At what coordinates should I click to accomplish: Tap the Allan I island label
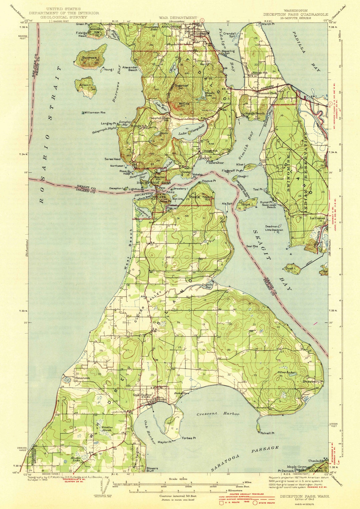pyautogui.click(x=85, y=85)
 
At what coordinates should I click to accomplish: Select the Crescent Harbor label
pyautogui.click(x=218, y=414)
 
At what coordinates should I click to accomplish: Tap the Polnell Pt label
pyautogui.click(x=267, y=433)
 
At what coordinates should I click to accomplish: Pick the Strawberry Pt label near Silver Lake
pyautogui.click(x=313, y=381)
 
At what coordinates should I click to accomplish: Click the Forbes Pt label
pyautogui.click(x=189, y=438)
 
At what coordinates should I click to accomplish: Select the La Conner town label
pyautogui.click(x=317, y=218)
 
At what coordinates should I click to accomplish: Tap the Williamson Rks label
pyautogui.click(x=95, y=113)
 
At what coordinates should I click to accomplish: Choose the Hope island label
pyautogui.click(x=246, y=204)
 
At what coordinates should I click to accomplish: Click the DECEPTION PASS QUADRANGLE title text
pyautogui.click(x=296, y=14)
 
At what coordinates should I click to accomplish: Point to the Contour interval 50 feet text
pyautogui.click(x=178, y=496)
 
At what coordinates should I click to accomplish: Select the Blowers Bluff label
pyautogui.click(x=152, y=470)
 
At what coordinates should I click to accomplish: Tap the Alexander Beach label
pyautogui.click(x=130, y=68)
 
